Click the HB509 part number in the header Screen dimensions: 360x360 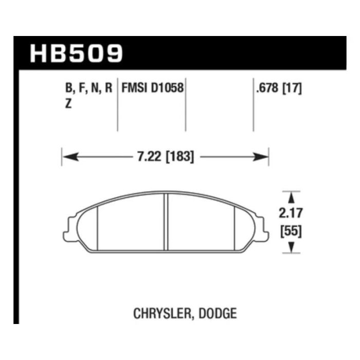pyautogui.click(x=77, y=53)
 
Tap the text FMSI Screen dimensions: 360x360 pyautogui.click(x=134, y=88)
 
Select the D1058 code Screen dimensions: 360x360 pyautogui.click(x=167, y=88)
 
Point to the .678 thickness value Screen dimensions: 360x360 pyautogui.click(x=267, y=88)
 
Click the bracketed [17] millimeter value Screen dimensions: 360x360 pyautogui.click(x=292, y=88)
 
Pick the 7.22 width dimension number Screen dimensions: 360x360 pyautogui.click(x=149, y=157)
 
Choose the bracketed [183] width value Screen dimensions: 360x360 pyautogui.click(x=180, y=157)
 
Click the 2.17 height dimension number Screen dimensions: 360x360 pyautogui.click(x=291, y=213)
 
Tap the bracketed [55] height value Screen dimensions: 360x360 pyautogui.click(x=291, y=231)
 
